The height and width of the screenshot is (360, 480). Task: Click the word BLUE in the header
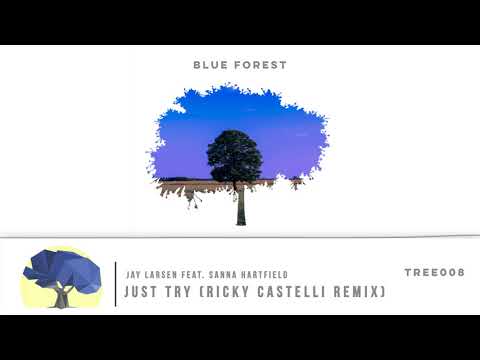pyautogui.click(x=209, y=65)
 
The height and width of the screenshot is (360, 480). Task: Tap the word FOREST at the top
pyautogui.click(x=258, y=65)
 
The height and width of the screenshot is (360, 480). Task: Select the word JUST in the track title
pyautogui.click(x=143, y=292)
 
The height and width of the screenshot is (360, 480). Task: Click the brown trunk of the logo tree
pyautogui.click(x=62, y=297)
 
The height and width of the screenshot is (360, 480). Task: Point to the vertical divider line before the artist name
pyautogui.click(x=116, y=282)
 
